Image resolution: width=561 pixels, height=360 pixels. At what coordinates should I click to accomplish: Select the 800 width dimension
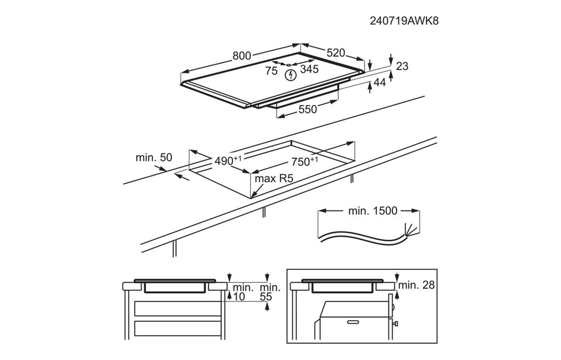[242, 56]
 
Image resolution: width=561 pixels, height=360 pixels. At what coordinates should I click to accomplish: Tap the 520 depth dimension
[335, 52]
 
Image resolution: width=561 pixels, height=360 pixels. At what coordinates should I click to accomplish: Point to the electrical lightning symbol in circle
[291, 75]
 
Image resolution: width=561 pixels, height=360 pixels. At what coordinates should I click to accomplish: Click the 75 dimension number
[271, 70]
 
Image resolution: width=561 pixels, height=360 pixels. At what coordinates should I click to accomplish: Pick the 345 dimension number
[309, 69]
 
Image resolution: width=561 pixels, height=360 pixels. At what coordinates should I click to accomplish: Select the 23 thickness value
[402, 66]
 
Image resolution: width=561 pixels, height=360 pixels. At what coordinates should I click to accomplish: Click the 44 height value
[379, 82]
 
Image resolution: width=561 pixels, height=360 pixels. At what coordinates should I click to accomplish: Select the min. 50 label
[154, 158]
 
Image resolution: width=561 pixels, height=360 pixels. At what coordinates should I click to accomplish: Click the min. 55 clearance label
[270, 292]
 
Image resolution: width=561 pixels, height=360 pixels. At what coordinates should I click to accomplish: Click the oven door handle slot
[353, 322]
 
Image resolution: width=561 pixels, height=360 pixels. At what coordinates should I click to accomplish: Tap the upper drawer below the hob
[176, 309]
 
